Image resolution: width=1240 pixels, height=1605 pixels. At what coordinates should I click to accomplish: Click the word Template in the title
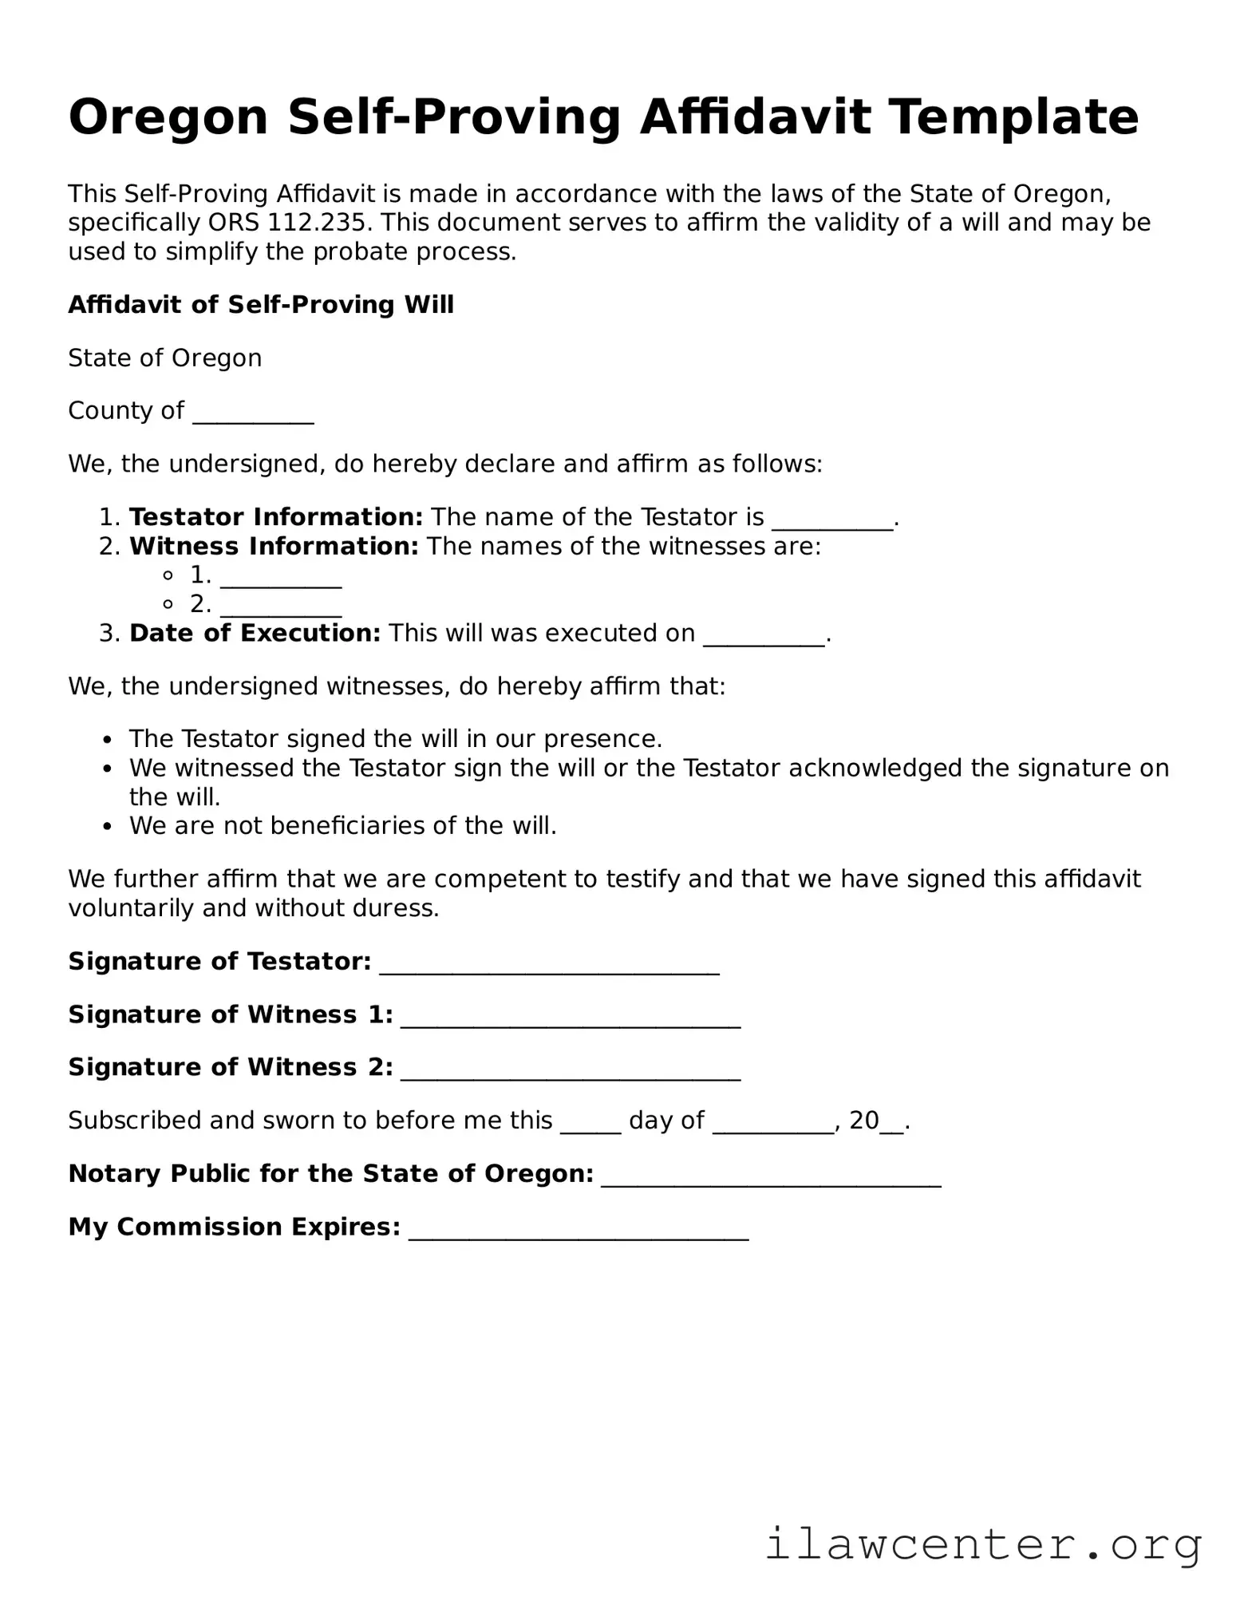click(1013, 117)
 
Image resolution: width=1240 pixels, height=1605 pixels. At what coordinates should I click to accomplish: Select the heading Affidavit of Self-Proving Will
click(261, 305)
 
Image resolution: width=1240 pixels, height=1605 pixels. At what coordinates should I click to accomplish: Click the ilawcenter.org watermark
click(983, 1544)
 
